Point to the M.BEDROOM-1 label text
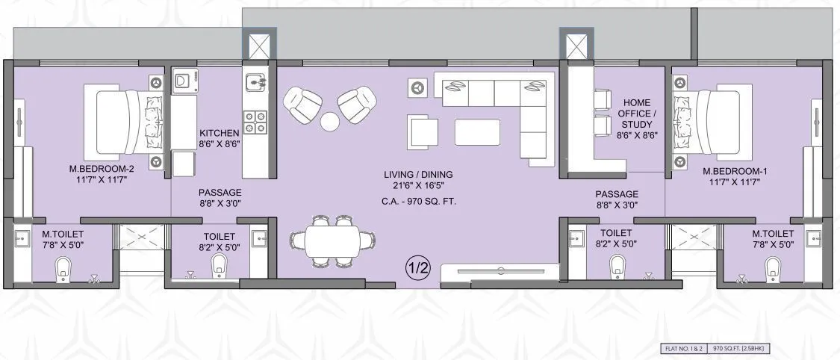click(735, 171)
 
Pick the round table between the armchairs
click(330, 120)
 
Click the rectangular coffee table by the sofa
click(479, 131)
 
